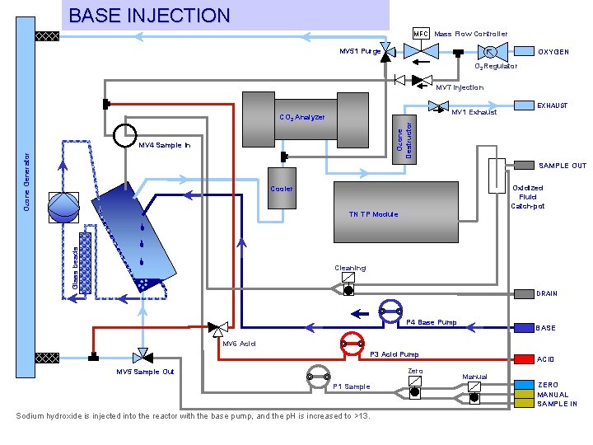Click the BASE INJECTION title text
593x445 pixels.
(x=149, y=16)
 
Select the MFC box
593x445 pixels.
(x=420, y=34)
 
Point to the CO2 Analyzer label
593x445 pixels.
(x=301, y=117)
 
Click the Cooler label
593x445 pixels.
(x=282, y=189)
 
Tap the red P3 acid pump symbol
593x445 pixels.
(x=353, y=342)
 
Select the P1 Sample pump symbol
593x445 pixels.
(x=317, y=376)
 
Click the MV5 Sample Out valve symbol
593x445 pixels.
(x=142, y=356)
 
